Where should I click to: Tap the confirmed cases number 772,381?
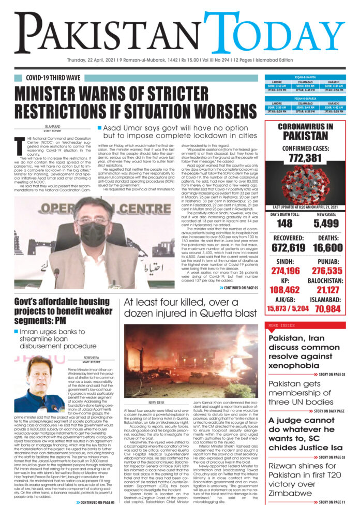point(305,158)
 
